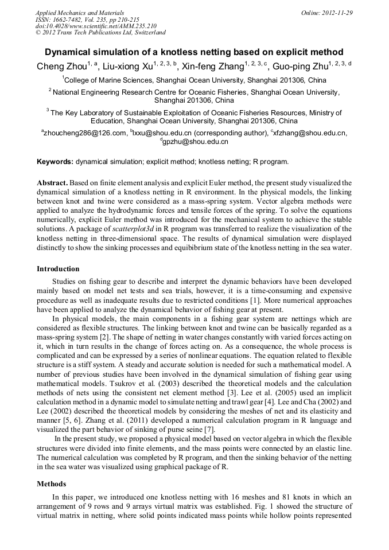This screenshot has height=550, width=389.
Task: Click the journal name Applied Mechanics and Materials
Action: click(x=80, y=12)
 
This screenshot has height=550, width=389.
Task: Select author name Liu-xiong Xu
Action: click(x=126, y=66)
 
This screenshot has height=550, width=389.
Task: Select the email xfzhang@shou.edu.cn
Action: click(x=310, y=133)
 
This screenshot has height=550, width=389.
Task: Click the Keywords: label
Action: click(x=55, y=162)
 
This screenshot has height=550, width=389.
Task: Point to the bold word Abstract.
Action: click(x=52, y=182)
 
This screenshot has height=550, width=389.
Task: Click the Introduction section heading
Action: click(x=58, y=269)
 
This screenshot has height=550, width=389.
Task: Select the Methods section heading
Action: click(x=52, y=484)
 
